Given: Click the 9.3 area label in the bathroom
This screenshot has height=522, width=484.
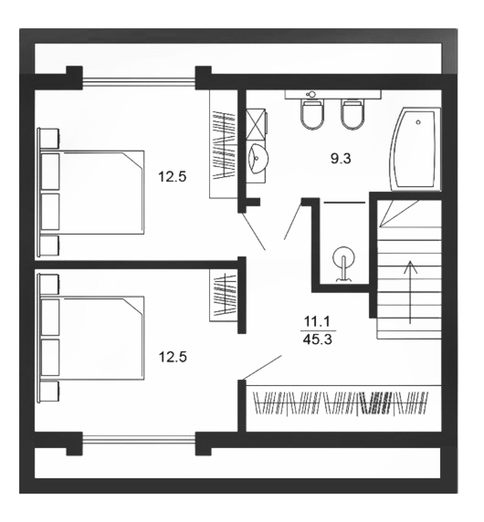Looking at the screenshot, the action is (341, 159).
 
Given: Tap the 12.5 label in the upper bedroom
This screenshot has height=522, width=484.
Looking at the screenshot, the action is (172, 177).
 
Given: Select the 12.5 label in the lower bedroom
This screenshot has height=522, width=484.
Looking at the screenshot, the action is (173, 357).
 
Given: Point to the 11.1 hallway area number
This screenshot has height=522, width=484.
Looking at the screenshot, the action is (317, 322).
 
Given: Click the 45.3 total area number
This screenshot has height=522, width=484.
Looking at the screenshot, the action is (318, 339).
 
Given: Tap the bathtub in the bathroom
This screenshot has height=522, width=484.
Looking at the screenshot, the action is (416, 149).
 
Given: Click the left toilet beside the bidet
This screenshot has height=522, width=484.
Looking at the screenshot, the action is (312, 114).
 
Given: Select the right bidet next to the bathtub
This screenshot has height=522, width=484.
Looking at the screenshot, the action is (353, 114).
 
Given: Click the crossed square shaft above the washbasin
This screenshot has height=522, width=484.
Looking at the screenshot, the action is (256, 124).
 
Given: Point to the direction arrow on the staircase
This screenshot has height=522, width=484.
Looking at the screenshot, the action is (410, 292).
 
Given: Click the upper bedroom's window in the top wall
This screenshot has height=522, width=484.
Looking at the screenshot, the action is (138, 81).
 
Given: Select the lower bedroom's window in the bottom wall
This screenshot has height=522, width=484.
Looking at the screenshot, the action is (138, 440).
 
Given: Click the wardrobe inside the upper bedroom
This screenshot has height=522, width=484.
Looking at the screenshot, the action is (224, 144).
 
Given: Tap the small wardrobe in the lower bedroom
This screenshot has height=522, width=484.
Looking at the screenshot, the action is (224, 295).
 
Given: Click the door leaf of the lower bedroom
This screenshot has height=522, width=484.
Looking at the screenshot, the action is (262, 367).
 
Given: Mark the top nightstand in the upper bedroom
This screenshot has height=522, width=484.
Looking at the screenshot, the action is (49, 138).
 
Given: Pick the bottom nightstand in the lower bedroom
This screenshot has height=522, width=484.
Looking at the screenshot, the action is (49, 391).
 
